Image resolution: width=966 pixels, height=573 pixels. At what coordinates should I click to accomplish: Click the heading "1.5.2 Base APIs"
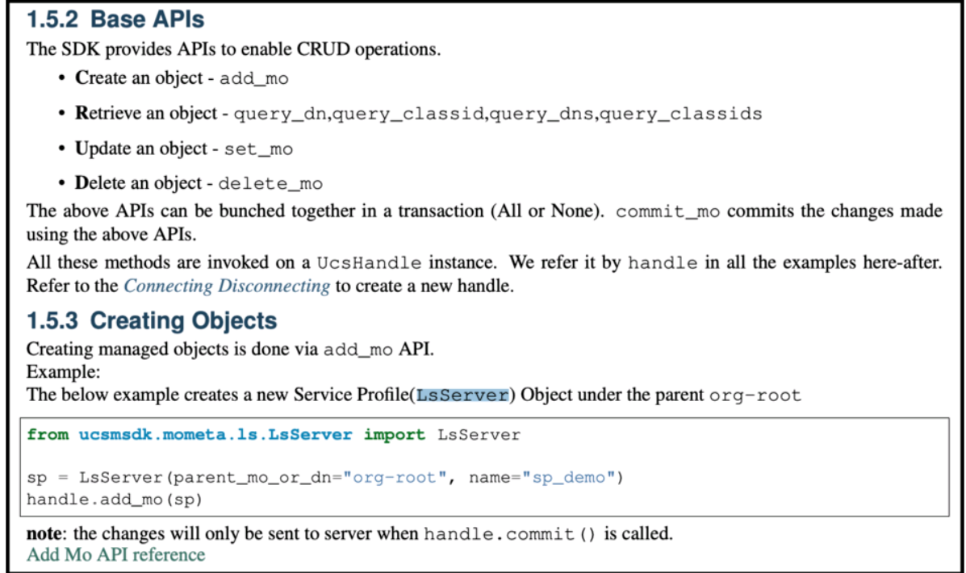[115, 19]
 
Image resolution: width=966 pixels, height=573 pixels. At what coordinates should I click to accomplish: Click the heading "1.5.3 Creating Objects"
[152, 321]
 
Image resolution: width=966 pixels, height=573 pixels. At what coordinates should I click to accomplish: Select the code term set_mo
[258, 149]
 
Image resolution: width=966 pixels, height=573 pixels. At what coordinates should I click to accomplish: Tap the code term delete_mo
[270, 184]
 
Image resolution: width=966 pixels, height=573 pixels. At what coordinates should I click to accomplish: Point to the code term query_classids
[681, 114]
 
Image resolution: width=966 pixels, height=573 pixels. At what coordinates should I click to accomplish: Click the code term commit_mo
[668, 212]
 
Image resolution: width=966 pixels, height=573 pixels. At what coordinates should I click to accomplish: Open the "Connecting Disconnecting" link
[227, 286]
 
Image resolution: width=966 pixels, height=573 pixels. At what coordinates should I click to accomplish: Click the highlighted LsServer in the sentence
[462, 395]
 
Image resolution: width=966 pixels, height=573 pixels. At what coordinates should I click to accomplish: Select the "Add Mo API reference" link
[116, 554]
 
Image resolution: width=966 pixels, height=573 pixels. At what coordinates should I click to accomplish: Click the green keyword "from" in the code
[48, 434]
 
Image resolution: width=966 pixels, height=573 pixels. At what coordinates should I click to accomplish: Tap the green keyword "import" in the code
[395, 435]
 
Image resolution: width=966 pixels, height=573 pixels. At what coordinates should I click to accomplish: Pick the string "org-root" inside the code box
[395, 478]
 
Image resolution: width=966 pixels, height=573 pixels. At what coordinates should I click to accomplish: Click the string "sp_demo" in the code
[568, 478]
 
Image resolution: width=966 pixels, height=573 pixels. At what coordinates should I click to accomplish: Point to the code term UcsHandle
[369, 263]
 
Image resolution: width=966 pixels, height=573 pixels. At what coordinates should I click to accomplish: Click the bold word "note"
[44, 533]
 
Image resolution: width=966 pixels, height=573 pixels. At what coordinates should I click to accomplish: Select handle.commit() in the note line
[510, 533]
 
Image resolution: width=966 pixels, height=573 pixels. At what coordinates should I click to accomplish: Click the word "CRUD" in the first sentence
[323, 49]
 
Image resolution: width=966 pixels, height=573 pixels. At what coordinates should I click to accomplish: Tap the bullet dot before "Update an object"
[61, 148]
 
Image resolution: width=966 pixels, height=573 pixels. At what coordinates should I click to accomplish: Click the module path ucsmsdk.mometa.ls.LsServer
[215, 434]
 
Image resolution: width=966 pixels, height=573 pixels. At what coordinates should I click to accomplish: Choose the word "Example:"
[63, 372]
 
